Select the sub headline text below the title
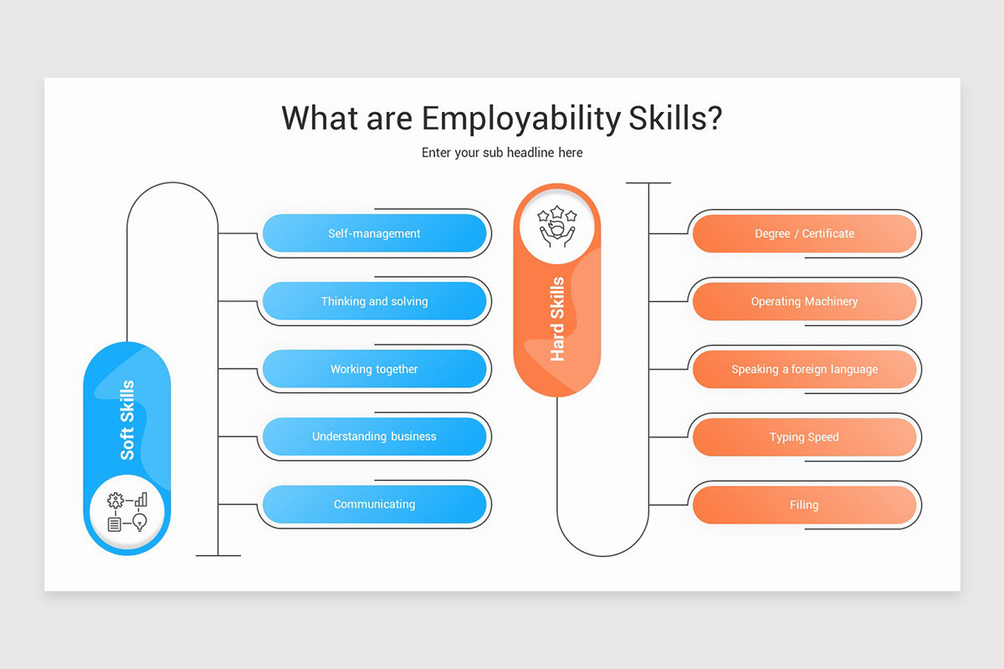pyautogui.click(x=502, y=153)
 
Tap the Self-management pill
pyautogui.click(x=374, y=233)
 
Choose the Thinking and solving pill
pyautogui.click(x=374, y=301)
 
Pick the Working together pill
pyautogui.click(x=374, y=369)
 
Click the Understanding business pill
pyautogui.click(x=374, y=437)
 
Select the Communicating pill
pyautogui.click(x=374, y=504)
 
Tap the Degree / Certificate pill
pyautogui.click(x=804, y=233)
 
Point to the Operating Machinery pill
pyautogui.click(x=804, y=301)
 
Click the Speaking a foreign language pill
pyautogui.click(x=804, y=369)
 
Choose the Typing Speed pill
pyautogui.click(x=804, y=437)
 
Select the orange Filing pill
pyautogui.click(x=804, y=504)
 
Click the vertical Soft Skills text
pyautogui.click(x=127, y=420)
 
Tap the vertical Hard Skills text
pyautogui.click(x=557, y=319)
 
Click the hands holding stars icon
pyautogui.click(x=557, y=227)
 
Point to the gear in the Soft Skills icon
pyautogui.click(x=115, y=501)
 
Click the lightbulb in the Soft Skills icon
pyautogui.click(x=140, y=523)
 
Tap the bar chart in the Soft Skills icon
pyautogui.click(x=141, y=500)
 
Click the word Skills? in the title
pyautogui.click(x=674, y=119)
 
